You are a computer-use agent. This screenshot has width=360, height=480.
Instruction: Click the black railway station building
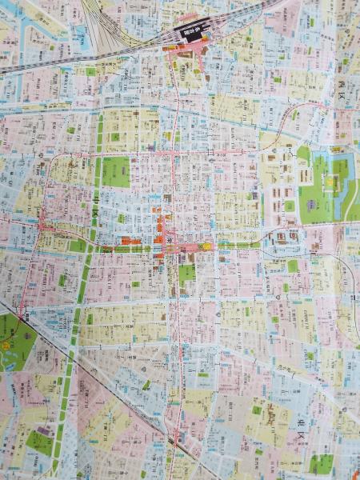(191, 32)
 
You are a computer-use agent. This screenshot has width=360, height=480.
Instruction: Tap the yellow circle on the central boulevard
(207, 246)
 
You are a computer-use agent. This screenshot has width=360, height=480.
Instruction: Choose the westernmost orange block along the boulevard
(126, 240)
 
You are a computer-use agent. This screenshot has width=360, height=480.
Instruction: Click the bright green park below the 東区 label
(321, 462)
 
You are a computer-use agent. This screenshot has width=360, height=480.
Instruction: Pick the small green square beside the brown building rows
(289, 206)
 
